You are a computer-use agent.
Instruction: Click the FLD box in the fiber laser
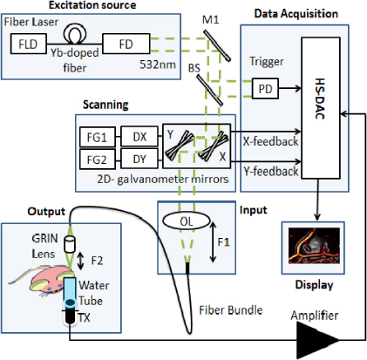(28, 42)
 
